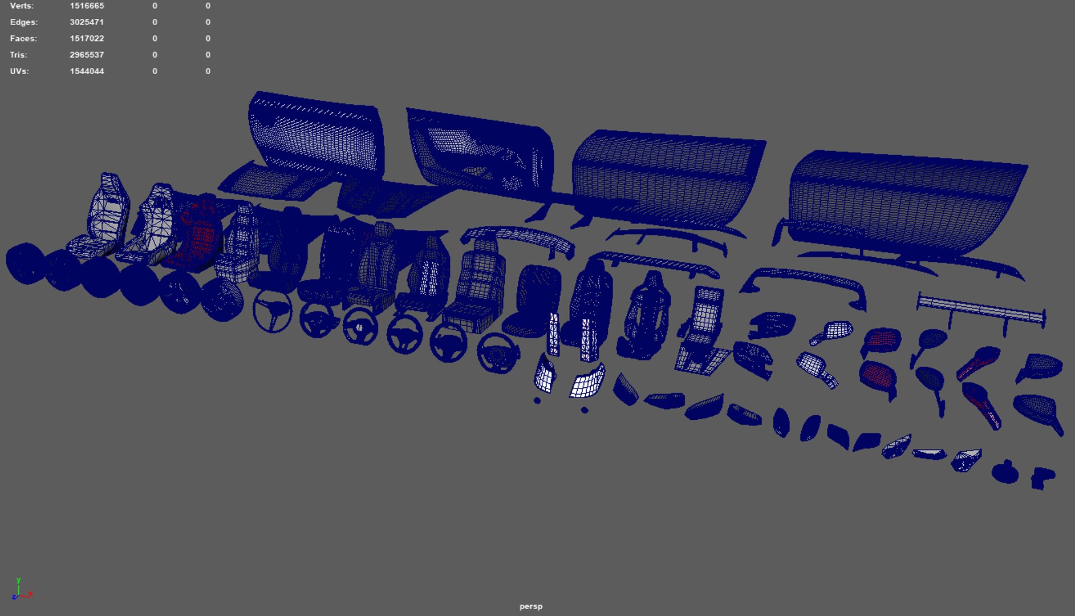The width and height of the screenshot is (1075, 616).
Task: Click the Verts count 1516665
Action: tap(87, 6)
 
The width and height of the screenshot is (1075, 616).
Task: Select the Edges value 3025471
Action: tap(87, 22)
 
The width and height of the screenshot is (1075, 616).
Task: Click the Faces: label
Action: tap(23, 39)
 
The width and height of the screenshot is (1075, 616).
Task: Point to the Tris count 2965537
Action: tap(87, 55)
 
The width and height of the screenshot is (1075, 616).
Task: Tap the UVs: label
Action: tap(19, 71)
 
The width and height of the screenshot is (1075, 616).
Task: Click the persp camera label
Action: tap(530, 606)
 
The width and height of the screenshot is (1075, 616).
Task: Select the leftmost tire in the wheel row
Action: tap(25, 263)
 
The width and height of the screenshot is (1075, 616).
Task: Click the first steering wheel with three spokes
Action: tap(273, 311)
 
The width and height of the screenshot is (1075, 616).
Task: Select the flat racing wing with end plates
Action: tap(981, 311)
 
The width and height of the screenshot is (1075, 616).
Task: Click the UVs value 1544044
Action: tap(87, 71)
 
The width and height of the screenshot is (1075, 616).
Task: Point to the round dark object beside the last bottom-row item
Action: tap(1005, 473)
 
